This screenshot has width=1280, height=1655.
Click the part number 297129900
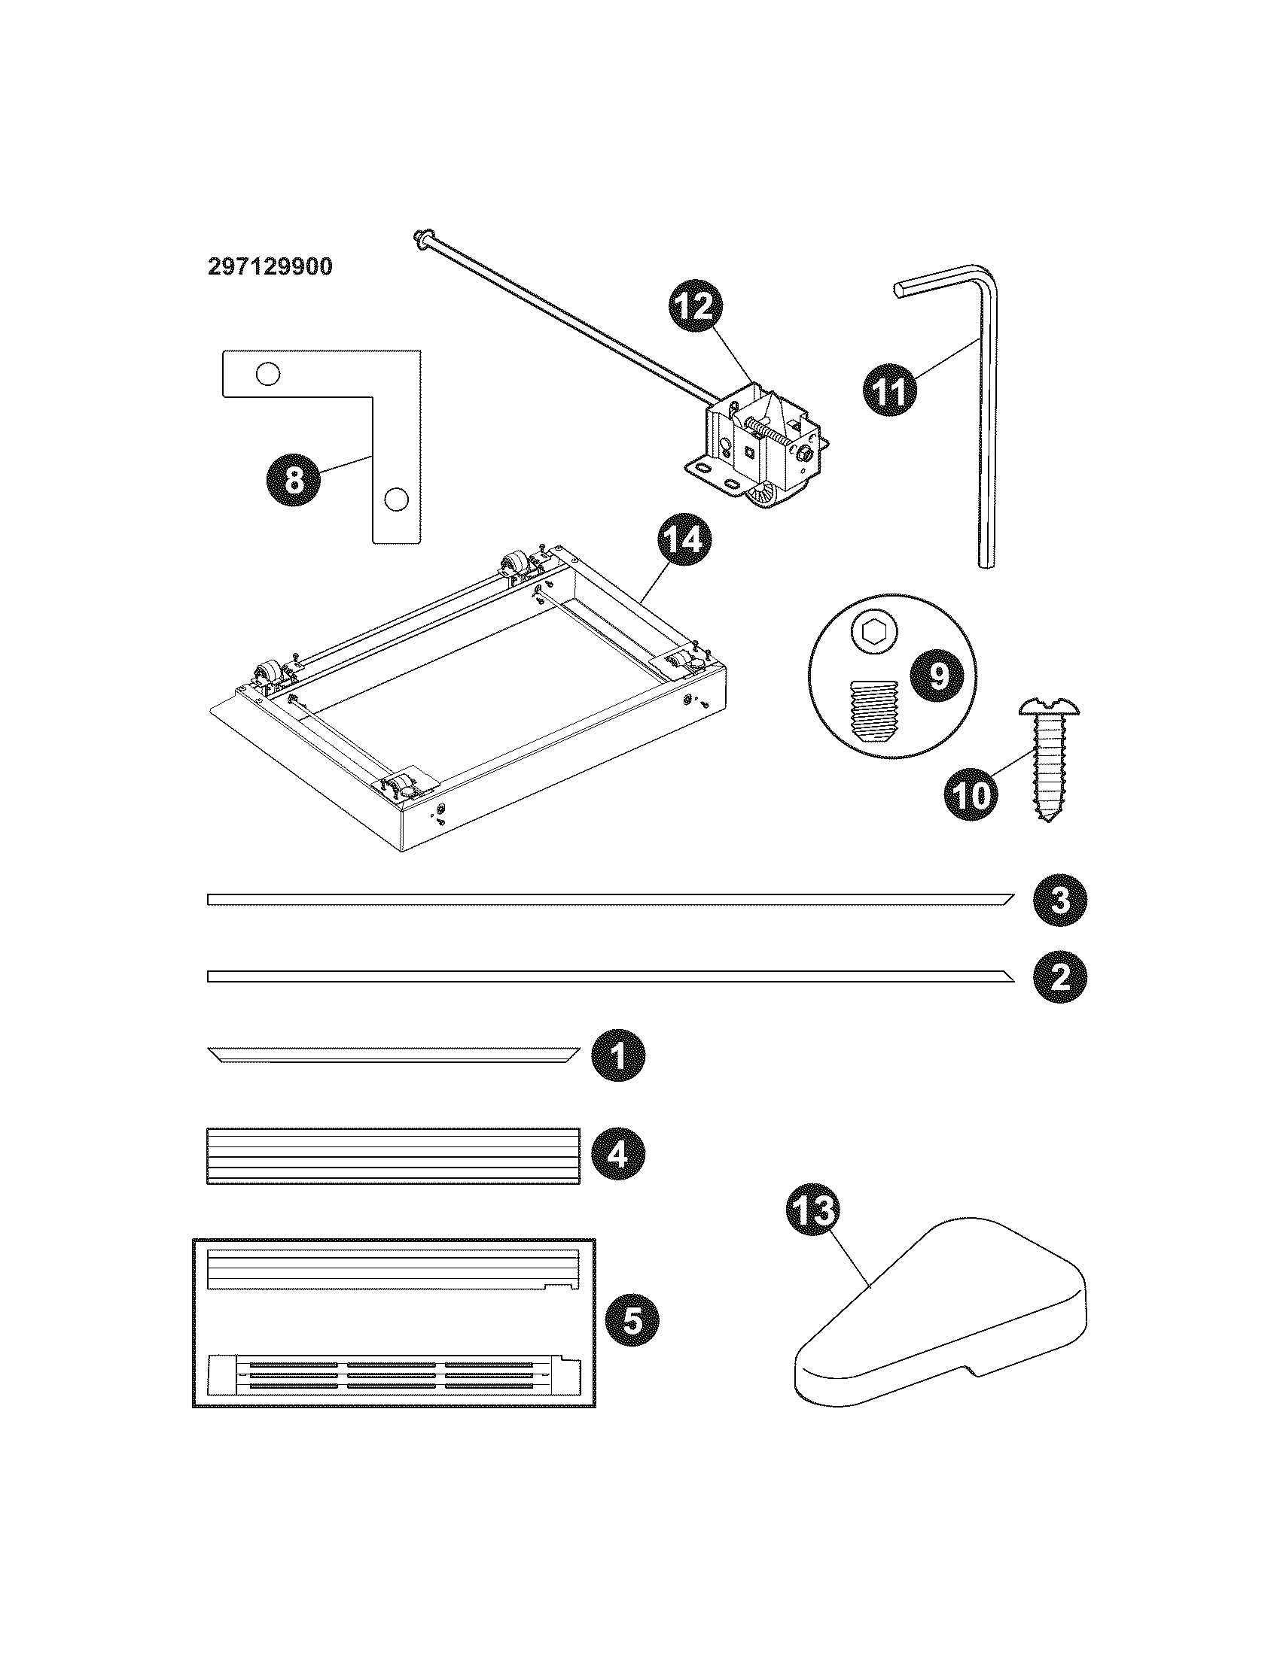tap(270, 267)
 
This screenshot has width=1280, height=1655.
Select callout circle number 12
tap(696, 307)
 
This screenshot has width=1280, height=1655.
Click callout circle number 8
tap(294, 479)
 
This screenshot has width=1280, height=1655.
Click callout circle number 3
tap(1060, 900)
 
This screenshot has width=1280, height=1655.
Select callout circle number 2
tap(1060, 976)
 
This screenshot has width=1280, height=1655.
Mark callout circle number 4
tap(618, 1155)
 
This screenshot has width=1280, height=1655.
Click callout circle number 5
tap(632, 1322)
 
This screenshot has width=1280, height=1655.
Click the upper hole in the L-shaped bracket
tap(267, 374)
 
